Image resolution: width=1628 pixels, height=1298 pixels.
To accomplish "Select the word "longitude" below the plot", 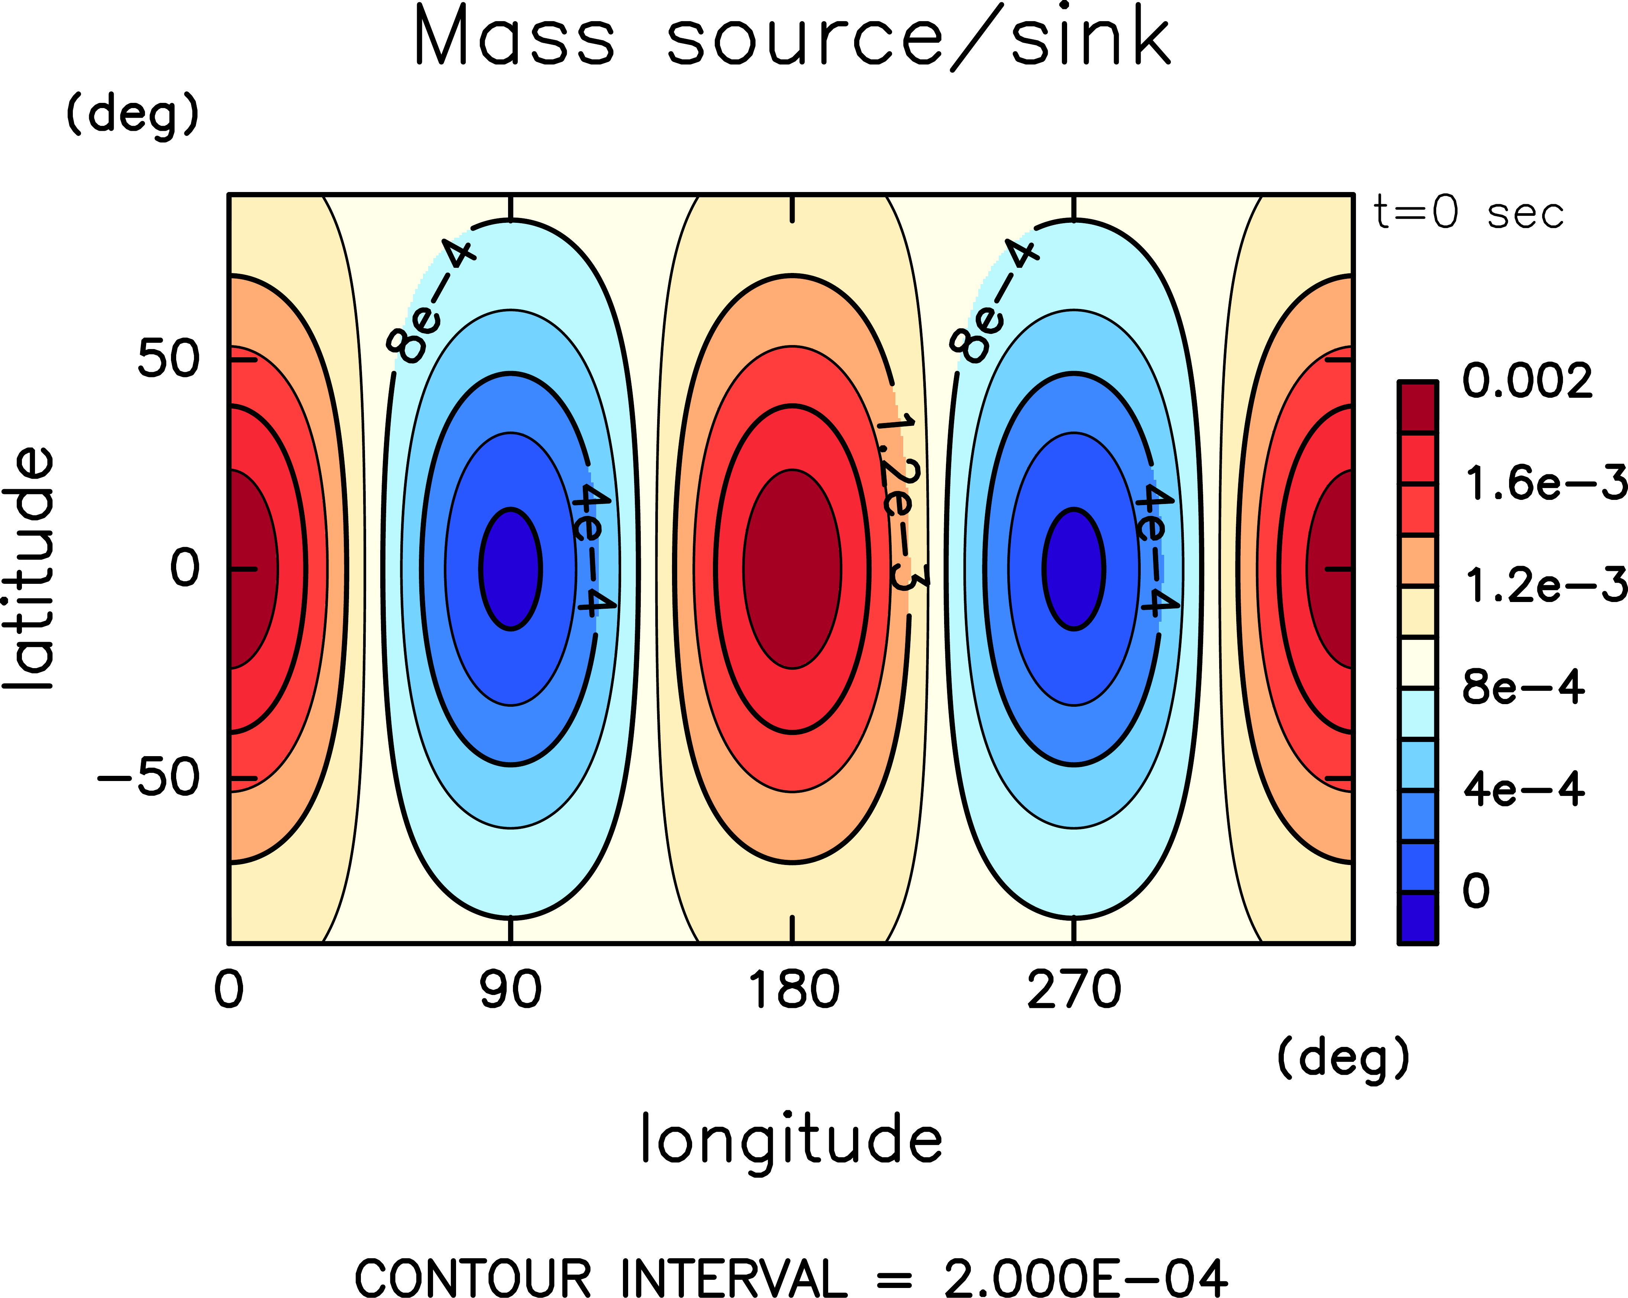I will point(791,1139).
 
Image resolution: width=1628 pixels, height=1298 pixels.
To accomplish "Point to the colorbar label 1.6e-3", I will point(1544,483).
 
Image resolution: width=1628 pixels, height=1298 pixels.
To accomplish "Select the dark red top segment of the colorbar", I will point(1417,407).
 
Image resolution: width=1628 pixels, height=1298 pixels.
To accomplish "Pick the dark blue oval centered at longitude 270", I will point(1074,568).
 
